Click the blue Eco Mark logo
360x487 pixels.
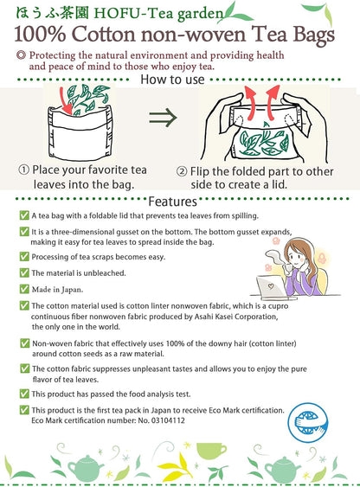[307, 421]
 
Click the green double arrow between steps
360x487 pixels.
[163, 118]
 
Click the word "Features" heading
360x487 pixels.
[173, 202]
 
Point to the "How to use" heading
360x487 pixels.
[172, 80]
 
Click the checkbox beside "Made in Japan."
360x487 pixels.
[24, 289]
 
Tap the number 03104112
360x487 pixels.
[168, 420]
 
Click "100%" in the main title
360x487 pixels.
[40, 34]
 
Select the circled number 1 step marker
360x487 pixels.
[24, 170]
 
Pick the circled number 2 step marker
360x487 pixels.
[182, 171]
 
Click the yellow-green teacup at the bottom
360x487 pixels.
[211, 452]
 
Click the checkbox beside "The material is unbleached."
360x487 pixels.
[24, 272]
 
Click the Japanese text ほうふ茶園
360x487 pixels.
[52, 13]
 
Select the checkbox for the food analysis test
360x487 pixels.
[24, 394]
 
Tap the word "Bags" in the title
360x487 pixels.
[313, 35]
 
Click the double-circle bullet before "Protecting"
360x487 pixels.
[21, 55]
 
